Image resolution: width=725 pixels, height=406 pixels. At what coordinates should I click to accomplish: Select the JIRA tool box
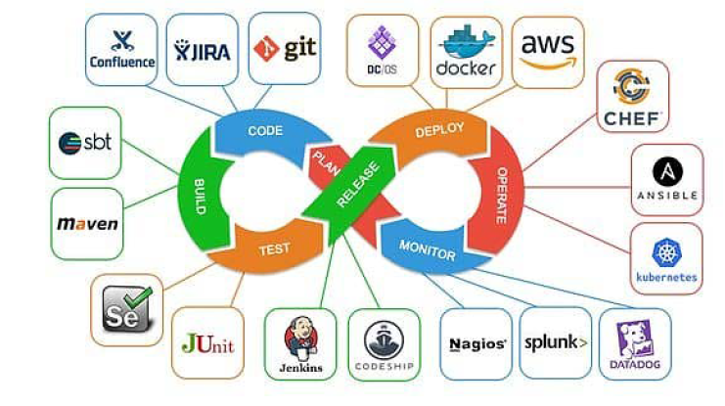[203, 50]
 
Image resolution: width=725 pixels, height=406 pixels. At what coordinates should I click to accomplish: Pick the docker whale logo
[467, 43]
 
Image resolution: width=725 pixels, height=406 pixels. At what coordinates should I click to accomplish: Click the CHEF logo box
[633, 96]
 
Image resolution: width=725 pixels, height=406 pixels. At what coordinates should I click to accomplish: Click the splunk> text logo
[555, 342]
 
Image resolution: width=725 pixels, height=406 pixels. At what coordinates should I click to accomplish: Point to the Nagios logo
[476, 343]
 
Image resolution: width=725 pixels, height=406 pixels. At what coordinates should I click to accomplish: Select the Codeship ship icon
[383, 338]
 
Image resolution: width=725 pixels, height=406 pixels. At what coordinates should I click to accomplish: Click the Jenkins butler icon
[299, 338]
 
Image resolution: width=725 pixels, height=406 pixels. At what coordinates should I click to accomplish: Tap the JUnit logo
[207, 343]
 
